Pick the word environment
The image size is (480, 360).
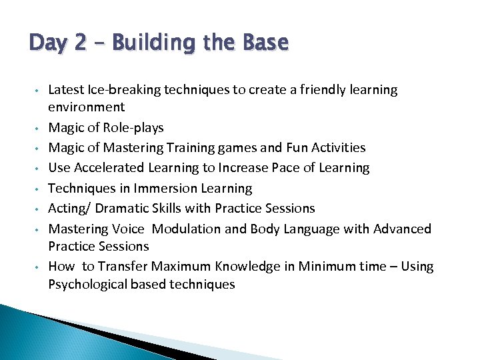tap(87, 107)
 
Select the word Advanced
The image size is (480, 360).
tap(402, 229)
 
